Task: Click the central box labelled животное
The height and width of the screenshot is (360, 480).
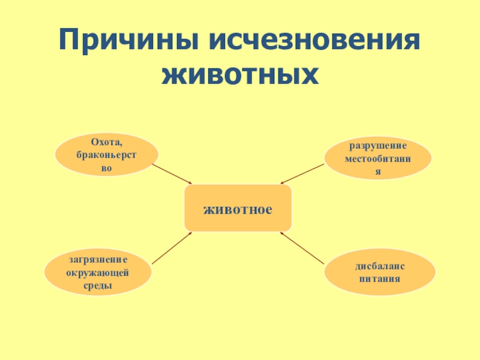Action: tap(238, 208)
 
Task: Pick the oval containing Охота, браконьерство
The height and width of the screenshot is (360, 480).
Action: tap(106, 155)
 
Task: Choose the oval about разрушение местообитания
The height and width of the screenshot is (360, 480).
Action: tap(378, 158)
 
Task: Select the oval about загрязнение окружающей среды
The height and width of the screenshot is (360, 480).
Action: tap(98, 273)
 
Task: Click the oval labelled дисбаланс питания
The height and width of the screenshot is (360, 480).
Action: tap(379, 273)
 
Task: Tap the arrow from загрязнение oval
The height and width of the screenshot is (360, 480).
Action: tap(172, 248)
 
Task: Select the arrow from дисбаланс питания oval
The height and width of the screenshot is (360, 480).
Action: tap(302, 248)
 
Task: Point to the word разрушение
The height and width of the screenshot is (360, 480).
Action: tap(378, 146)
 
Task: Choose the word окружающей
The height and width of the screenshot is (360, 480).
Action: tap(98, 273)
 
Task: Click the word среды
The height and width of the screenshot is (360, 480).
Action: tap(98, 286)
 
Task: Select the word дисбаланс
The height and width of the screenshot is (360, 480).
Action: tap(379, 266)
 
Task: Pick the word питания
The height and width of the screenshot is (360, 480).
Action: tap(379, 279)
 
